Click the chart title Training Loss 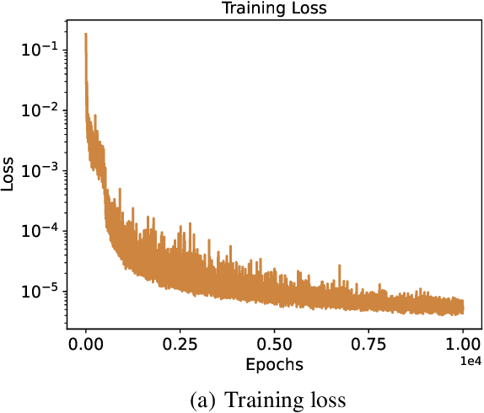274,8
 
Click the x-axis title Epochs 274,365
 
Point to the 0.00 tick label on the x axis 86,346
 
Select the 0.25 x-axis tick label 180,346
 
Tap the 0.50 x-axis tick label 275,346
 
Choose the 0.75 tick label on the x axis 369,346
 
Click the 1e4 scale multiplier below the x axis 471,361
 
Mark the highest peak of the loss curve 86,35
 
